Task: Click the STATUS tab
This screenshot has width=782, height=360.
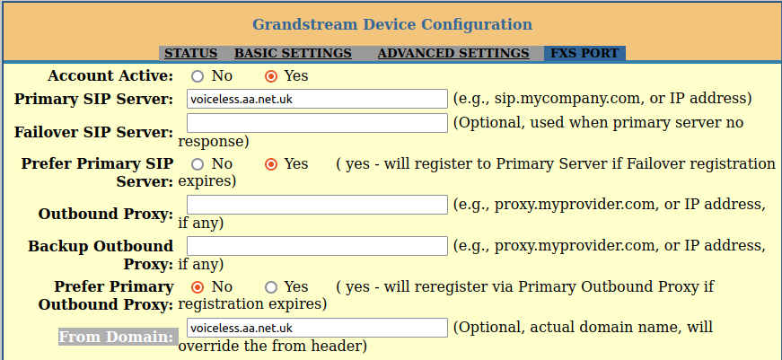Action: (x=190, y=54)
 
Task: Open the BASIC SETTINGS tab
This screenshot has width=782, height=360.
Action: (x=293, y=54)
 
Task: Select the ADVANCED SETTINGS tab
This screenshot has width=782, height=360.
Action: (x=453, y=54)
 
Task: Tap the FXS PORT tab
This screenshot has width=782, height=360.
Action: (x=584, y=54)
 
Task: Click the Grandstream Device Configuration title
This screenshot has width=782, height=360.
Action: (x=391, y=24)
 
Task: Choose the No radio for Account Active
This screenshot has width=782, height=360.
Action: (x=198, y=76)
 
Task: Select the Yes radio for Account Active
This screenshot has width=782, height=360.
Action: (x=271, y=76)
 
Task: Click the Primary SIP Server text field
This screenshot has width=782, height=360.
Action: (x=317, y=99)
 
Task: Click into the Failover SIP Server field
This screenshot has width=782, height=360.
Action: (x=317, y=123)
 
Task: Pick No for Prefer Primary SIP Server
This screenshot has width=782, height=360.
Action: (x=198, y=164)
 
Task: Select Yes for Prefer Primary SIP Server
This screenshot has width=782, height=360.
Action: (x=271, y=164)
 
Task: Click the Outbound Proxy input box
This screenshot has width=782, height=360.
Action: (x=317, y=206)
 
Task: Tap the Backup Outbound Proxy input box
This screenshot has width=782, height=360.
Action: (x=317, y=246)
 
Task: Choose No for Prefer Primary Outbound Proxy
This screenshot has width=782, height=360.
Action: (x=198, y=287)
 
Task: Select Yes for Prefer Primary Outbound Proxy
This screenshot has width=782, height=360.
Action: (x=271, y=287)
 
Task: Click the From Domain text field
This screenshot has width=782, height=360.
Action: (x=317, y=328)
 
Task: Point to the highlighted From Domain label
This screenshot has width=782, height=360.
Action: (x=117, y=337)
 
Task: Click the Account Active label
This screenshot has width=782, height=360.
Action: (x=110, y=76)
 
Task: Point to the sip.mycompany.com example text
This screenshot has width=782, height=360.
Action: (x=602, y=99)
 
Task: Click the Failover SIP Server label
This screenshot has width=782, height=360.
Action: (x=93, y=132)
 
